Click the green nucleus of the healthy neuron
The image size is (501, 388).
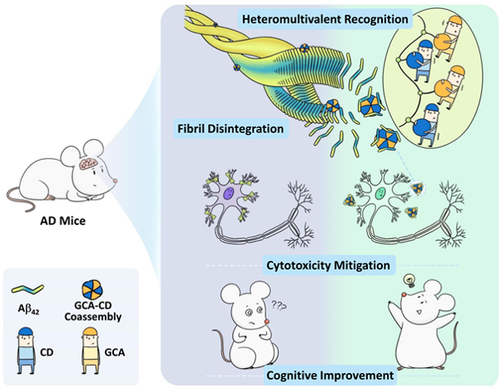(379, 195)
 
